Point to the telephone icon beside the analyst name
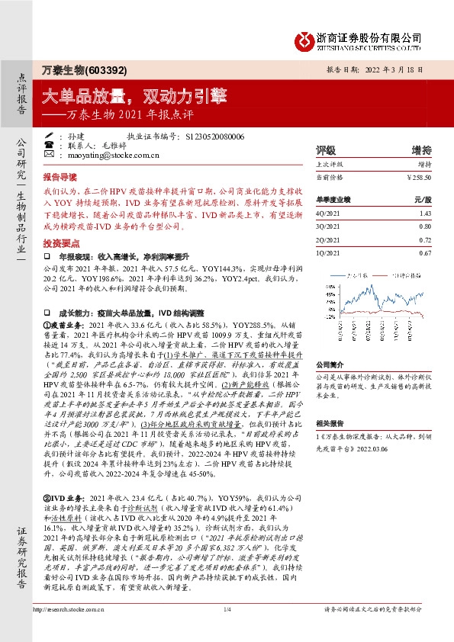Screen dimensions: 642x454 (x=48, y=144)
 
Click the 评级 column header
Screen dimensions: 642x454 (x=327, y=149)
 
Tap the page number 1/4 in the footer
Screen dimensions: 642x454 (x=227, y=630)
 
